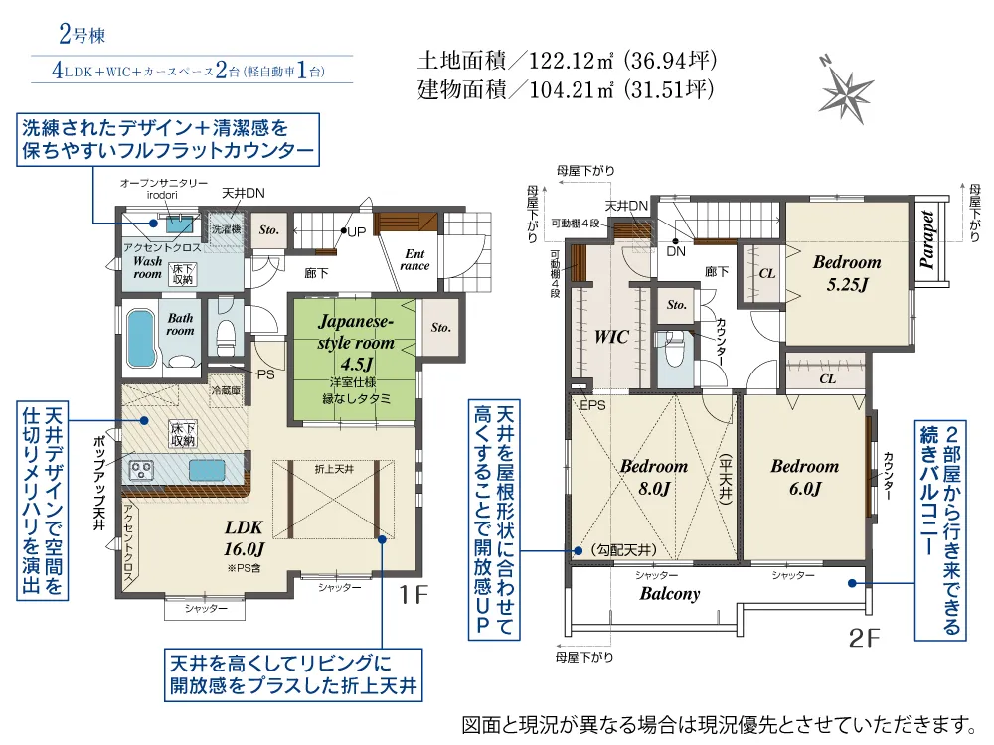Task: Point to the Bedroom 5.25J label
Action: tap(847, 273)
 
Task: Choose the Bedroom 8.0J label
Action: tap(653, 476)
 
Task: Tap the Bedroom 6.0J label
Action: tap(804, 476)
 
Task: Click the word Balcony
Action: tap(669, 594)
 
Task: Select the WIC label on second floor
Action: tap(610, 337)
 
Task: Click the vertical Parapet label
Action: tap(926, 239)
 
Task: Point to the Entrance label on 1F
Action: tap(414, 260)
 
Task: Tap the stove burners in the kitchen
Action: tap(138, 469)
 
